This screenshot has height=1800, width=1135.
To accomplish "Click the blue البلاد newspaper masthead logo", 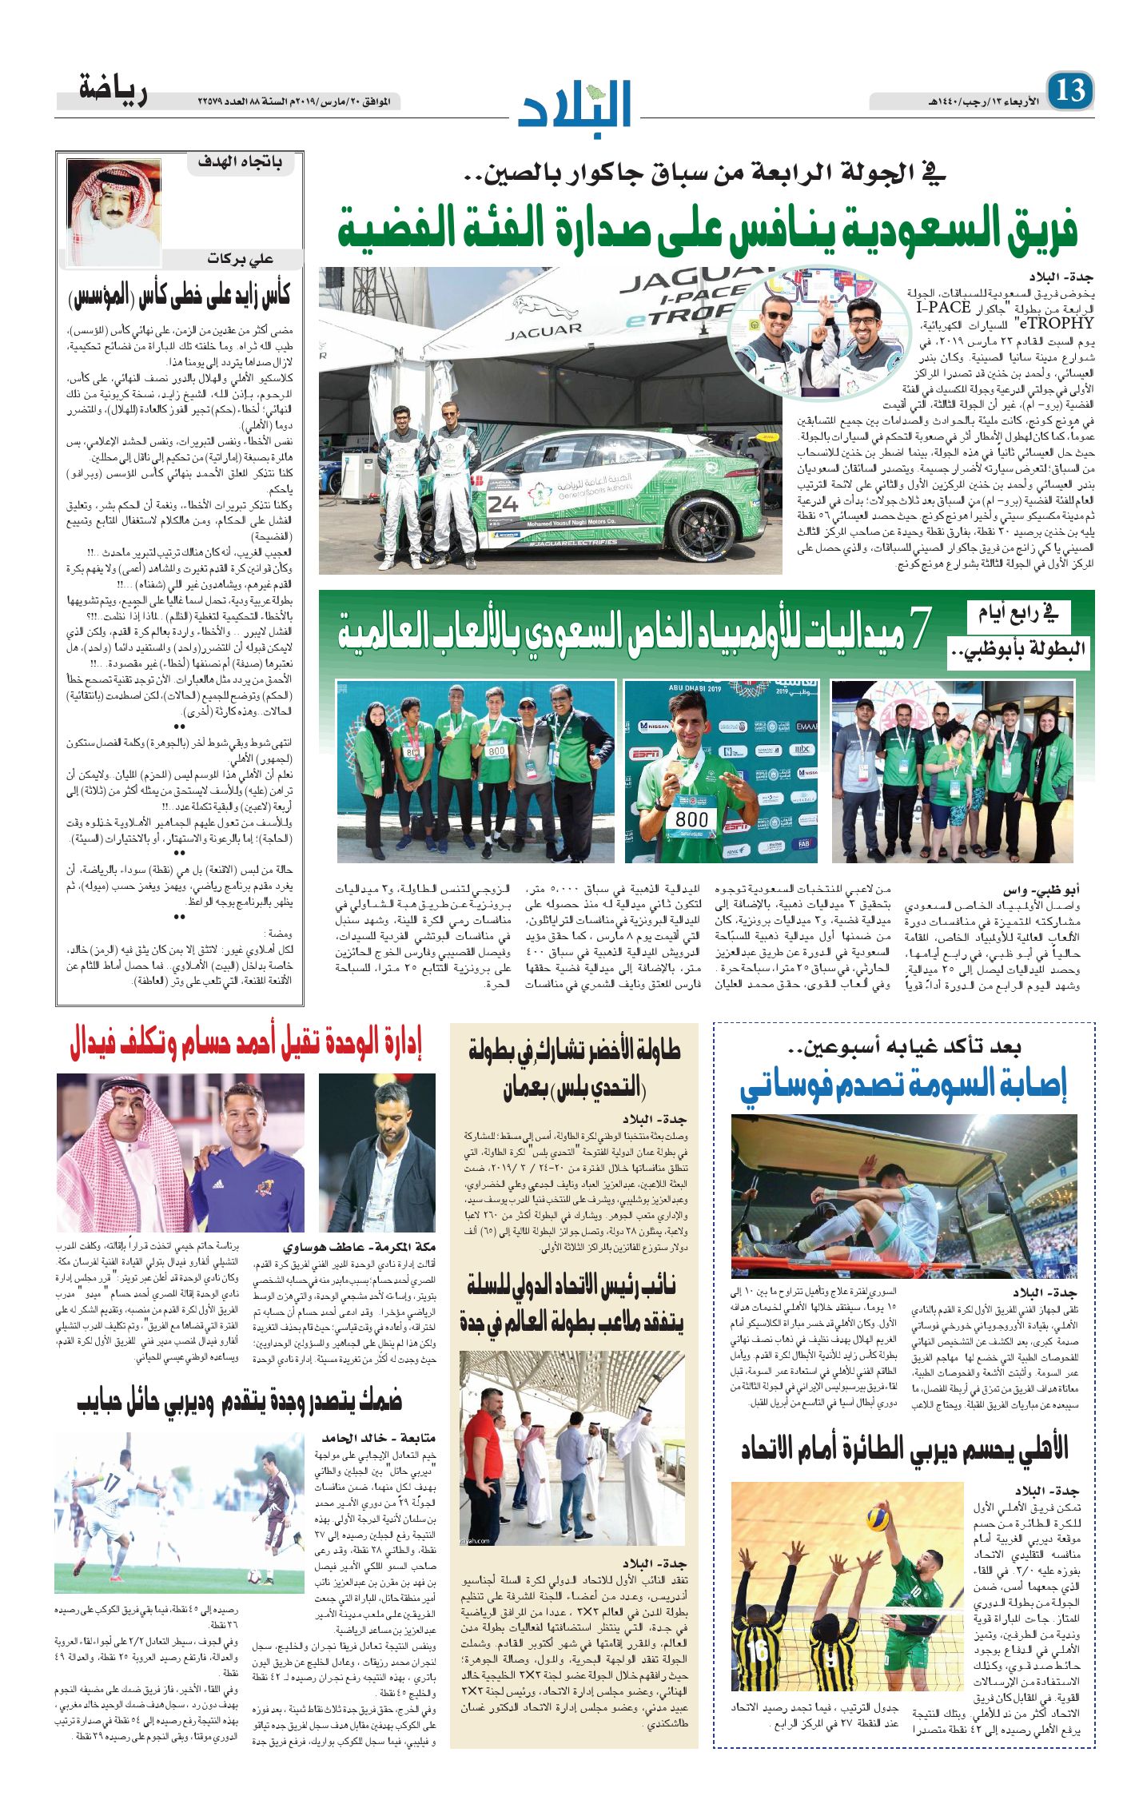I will (575, 103).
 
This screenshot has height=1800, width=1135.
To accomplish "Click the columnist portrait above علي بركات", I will (113, 211).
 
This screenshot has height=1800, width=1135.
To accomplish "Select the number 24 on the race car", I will (503, 504).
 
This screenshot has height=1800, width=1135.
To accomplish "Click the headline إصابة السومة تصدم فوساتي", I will (903, 1085).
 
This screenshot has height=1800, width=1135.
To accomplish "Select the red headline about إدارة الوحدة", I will (245, 1043).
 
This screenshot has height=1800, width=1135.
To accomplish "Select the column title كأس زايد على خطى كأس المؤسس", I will (180, 297).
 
